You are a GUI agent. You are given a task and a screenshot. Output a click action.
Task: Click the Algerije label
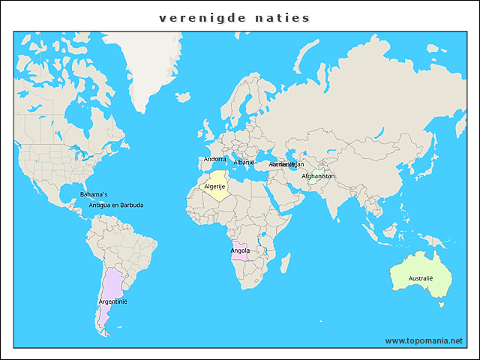coord(214,187)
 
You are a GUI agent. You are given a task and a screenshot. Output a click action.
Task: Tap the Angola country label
coord(241,250)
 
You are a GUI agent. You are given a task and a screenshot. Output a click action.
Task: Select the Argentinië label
coord(112,301)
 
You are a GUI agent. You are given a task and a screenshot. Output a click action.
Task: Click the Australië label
coord(421,278)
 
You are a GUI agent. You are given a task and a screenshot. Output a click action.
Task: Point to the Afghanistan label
coord(318,177)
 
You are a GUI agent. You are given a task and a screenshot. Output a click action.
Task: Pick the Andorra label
coord(214,159)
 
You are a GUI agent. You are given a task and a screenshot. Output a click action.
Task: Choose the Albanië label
coord(244,162)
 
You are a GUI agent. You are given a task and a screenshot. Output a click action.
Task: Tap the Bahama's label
coord(94,194)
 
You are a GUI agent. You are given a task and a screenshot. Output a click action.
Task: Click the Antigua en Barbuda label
coord(115,205)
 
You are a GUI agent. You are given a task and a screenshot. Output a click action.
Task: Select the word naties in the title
coord(286,18)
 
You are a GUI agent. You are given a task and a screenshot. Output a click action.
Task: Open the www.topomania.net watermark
coord(424,340)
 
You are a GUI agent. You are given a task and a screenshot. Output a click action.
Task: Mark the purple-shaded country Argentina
coord(111,289)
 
